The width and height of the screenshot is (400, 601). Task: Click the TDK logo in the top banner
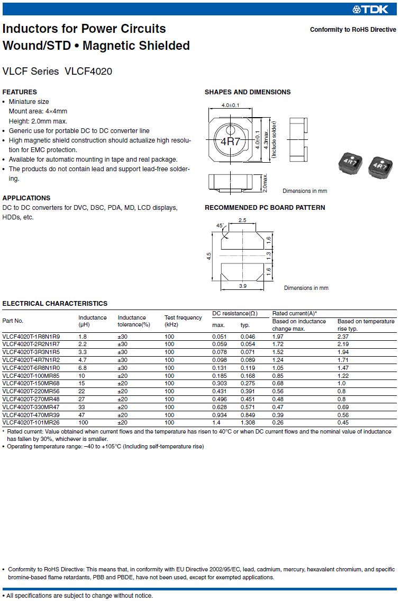point(374,9)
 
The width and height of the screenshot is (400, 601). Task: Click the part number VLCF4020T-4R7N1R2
point(31,359)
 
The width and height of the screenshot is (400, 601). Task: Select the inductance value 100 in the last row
point(83,422)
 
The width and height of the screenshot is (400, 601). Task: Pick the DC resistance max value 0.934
point(220,414)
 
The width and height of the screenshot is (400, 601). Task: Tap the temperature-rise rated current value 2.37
point(343,337)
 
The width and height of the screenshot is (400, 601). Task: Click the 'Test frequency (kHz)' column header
point(183,321)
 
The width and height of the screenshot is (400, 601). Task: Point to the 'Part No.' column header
point(13,321)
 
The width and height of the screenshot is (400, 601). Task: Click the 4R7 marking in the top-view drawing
point(230,142)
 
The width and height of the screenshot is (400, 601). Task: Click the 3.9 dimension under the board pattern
point(242,286)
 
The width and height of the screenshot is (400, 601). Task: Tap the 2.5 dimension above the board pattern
point(242,220)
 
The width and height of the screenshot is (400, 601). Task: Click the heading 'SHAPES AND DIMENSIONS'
point(248,92)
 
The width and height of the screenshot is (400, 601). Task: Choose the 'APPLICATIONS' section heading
point(26,198)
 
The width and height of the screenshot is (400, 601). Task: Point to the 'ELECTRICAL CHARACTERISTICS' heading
point(55,304)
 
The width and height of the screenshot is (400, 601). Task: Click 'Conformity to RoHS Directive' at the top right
point(353,30)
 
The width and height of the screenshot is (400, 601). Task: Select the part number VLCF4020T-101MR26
point(31,422)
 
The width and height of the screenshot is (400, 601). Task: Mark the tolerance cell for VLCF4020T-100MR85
point(123,375)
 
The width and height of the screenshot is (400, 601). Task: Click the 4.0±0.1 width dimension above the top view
point(230,105)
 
